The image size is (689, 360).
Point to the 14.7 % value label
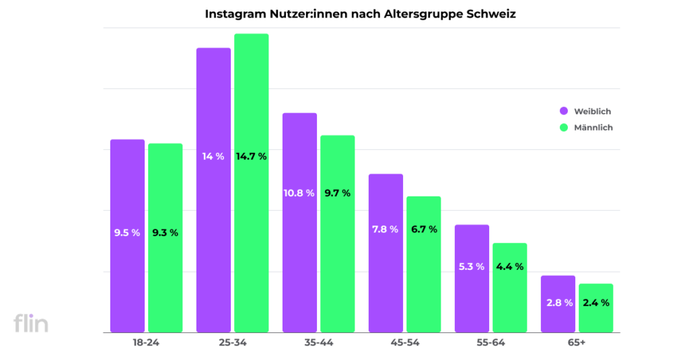[x=251, y=156]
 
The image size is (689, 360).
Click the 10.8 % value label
[x=299, y=193]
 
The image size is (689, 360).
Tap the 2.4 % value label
[x=595, y=303]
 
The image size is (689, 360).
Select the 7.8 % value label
[x=385, y=229]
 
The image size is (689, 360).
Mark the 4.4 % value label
[x=509, y=266]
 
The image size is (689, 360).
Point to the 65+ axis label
[x=577, y=343]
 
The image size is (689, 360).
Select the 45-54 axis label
[x=404, y=343]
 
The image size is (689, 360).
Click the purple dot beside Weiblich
[x=563, y=111]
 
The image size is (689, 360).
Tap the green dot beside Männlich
[x=563, y=127]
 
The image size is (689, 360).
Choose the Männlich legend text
[x=593, y=127]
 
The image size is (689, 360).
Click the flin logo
[x=31, y=323]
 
